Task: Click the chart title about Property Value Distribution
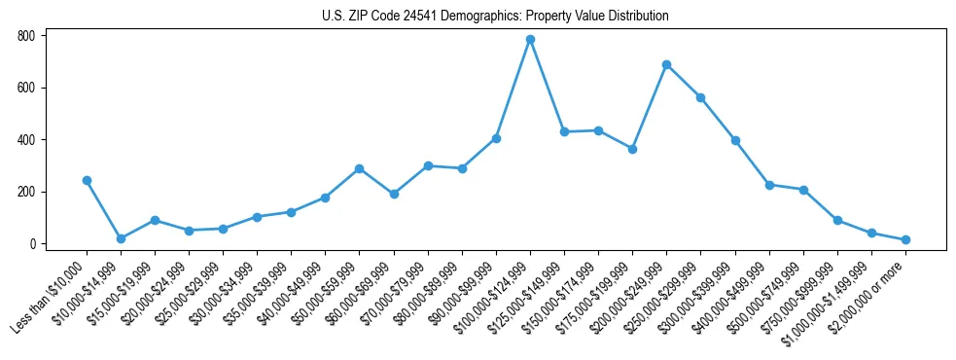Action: tap(495, 17)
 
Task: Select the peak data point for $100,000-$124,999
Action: tap(530, 40)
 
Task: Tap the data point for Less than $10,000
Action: tap(87, 180)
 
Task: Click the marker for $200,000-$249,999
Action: tap(666, 64)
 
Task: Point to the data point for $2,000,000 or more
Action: tap(905, 239)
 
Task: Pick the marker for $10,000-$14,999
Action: tap(121, 238)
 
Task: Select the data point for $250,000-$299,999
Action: tap(700, 97)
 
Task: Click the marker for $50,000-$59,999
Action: tap(360, 168)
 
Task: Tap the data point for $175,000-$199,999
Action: tap(632, 149)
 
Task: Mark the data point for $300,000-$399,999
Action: tap(735, 140)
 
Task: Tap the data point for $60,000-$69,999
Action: tap(394, 194)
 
